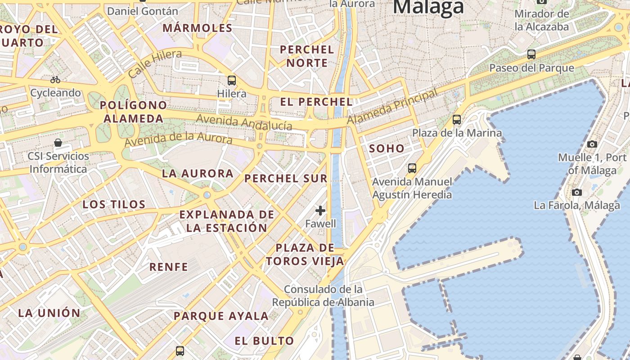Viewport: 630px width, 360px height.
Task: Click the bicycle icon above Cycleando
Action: [55, 80]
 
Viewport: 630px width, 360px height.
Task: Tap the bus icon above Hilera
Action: [232, 81]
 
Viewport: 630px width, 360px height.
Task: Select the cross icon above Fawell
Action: [320, 210]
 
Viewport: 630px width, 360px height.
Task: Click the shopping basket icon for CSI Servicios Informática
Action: [58, 143]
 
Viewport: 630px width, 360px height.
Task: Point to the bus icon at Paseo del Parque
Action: [531, 54]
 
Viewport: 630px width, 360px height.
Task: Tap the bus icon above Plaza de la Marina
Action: [457, 119]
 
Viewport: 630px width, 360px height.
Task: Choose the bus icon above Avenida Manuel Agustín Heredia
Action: [412, 168]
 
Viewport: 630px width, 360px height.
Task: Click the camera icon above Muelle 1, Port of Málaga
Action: [592, 144]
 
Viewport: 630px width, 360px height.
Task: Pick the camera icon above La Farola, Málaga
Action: [577, 192]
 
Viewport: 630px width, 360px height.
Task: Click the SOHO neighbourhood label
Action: [387, 148]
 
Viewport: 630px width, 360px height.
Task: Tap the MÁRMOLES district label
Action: [198, 28]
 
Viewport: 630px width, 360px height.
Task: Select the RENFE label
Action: [169, 267]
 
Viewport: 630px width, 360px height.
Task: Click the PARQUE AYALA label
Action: [221, 316]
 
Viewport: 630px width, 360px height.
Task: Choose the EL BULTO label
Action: [264, 341]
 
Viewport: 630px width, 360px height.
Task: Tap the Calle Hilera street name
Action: [155, 63]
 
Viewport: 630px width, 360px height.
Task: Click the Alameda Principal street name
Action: [392, 107]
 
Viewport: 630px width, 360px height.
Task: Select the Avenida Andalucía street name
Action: [244, 122]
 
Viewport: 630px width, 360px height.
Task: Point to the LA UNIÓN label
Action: [49, 313]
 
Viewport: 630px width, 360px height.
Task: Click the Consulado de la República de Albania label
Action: [324, 296]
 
